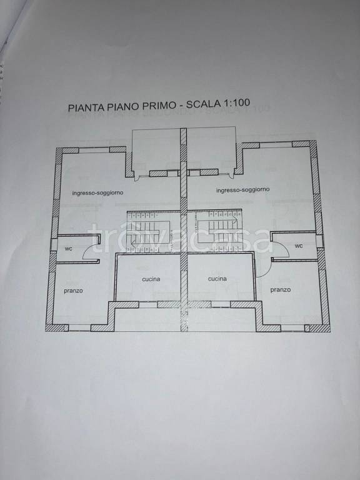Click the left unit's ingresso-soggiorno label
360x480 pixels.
[x=97, y=193]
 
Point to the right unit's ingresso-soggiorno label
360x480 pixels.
[x=242, y=189]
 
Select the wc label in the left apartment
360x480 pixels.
[x=68, y=248]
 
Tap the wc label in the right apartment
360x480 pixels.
[x=299, y=246]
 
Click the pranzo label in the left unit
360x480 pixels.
[x=73, y=291]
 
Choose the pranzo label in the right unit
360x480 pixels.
[x=281, y=289]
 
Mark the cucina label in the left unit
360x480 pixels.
[x=151, y=279]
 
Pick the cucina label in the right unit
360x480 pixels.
[x=217, y=279]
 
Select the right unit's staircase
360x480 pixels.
[x=214, y=231]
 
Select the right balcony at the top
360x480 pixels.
[x=212, y=149]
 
